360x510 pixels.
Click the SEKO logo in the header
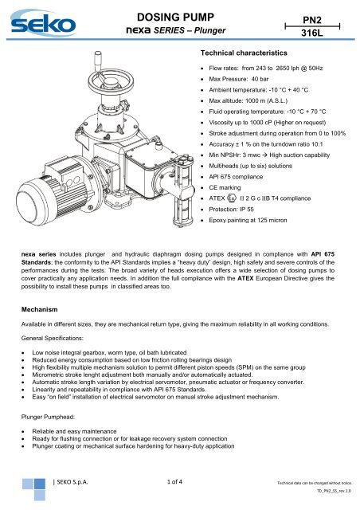click(x=43, y=23)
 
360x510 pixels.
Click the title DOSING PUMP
click(x=175, y=17)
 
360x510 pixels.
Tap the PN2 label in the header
click(x=312, y=20)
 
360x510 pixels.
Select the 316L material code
click(x=312, y=33)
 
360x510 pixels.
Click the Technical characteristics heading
click(x=244, y=53)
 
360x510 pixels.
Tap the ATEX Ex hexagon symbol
click(x=232, y=198)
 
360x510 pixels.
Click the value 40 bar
click(x=260, y=79)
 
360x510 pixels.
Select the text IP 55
click(x=246, y=209)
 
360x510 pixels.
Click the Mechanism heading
click(x=39, y=309)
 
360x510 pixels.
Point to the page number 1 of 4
click(x=174, y=481)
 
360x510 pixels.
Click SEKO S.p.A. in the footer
click(x=72, y=481)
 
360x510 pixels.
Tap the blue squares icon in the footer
click(x=33, y=489)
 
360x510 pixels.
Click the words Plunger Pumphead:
click(x=48, y=417)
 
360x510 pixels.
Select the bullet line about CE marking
click(x=225, y=187)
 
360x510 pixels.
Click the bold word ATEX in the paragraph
click(x=245, y=278)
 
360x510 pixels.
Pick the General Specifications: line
click(x=53, y=338)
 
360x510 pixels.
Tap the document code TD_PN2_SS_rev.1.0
click(x=334, y=491)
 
